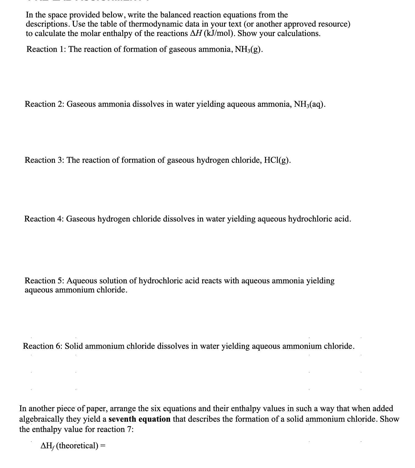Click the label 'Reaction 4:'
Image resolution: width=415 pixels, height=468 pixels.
tap(44, 219)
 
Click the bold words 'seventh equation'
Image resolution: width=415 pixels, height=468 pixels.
tap(139, 419)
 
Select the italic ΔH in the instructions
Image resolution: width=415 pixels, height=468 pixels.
tap(196, 34)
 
